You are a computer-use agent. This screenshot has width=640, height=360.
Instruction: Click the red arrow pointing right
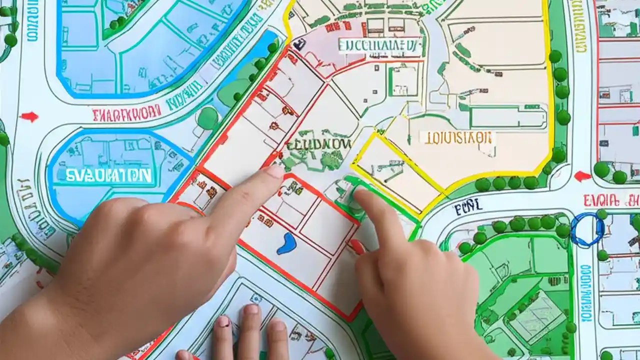tap(29, 117)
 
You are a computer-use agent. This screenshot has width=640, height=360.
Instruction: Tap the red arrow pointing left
tap(582, 176)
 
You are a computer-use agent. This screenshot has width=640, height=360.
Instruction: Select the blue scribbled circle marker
tap(587, 229)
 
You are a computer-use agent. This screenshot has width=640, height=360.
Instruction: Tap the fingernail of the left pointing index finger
tap(273, 172)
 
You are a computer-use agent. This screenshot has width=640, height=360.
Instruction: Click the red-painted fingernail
tap(357, 246)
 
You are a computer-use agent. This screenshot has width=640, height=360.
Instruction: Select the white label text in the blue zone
tap(108, 175)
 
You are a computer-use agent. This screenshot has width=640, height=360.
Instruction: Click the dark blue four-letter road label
tap(468, 205)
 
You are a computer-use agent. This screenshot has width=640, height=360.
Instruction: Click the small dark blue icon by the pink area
tap(299, 45)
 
